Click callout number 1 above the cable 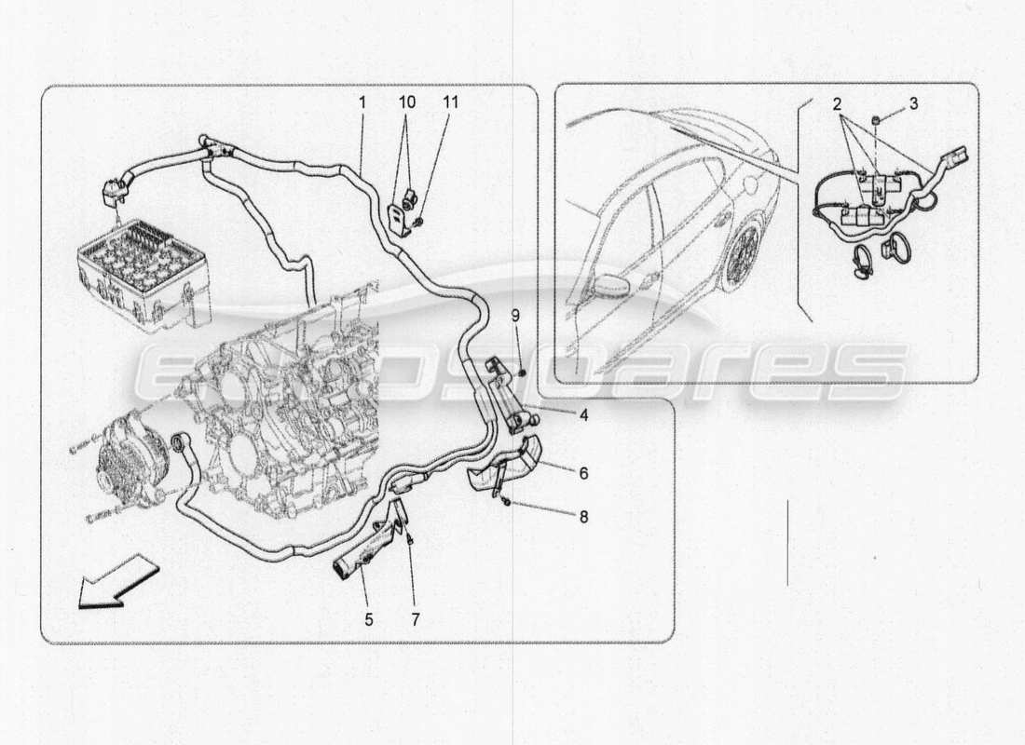362,102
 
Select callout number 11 451,102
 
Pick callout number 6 583,473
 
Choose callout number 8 583,516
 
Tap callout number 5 368,618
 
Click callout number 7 416,618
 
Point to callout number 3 913,103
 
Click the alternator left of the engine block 135,461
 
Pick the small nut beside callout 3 878,120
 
